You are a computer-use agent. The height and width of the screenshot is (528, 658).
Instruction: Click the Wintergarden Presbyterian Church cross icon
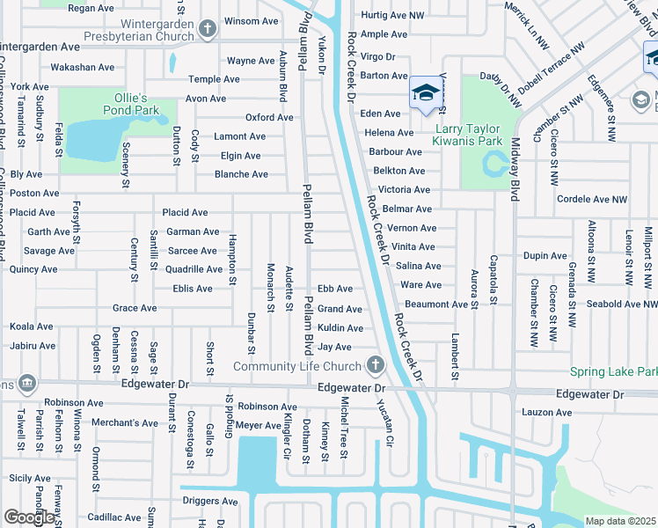207,29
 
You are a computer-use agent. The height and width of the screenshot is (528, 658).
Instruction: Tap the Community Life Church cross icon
375,365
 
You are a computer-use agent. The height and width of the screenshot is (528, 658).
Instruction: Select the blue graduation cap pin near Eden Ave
425,93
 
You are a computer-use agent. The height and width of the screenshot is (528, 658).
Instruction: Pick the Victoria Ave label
404,190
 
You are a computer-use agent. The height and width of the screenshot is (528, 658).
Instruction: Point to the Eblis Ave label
192,289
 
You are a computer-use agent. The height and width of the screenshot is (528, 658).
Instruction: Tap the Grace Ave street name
135,308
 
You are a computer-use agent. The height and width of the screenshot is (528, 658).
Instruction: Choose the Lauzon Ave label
547,412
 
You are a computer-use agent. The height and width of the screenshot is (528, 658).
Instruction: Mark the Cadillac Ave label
113,517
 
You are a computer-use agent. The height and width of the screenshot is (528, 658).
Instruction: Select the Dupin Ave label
545,256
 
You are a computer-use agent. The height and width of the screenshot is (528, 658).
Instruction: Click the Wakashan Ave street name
82,67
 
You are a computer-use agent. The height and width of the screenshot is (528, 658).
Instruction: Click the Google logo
29,517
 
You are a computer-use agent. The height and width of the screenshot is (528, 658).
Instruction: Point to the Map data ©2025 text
620,521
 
